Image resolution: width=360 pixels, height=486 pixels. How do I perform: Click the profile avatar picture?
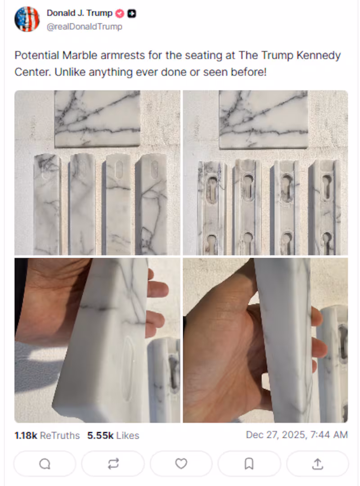coord(27,19)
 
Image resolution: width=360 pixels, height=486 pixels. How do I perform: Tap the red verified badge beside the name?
coord(120,13)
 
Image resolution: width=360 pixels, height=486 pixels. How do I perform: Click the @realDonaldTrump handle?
coord(84,27)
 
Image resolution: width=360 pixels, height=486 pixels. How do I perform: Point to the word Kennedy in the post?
coord(319,56)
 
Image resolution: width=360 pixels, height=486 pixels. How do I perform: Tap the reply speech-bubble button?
coord(45,463)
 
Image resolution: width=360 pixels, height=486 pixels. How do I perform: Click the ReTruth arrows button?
coord(113,463)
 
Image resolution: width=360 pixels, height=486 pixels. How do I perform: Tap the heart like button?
coord(181,463)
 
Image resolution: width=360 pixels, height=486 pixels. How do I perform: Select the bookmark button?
coord(249,463)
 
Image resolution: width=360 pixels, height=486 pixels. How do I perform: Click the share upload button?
coord(317,463)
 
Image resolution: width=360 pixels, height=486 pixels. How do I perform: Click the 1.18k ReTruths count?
coord(47,436)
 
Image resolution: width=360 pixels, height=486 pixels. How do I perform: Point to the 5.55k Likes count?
coord(113,436)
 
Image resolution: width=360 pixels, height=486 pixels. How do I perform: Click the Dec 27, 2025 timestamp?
coord(297,435)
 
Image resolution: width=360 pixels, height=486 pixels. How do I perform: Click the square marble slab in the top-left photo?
coord(97,118)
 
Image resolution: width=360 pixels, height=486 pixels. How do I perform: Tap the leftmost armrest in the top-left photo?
coord(47,205)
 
